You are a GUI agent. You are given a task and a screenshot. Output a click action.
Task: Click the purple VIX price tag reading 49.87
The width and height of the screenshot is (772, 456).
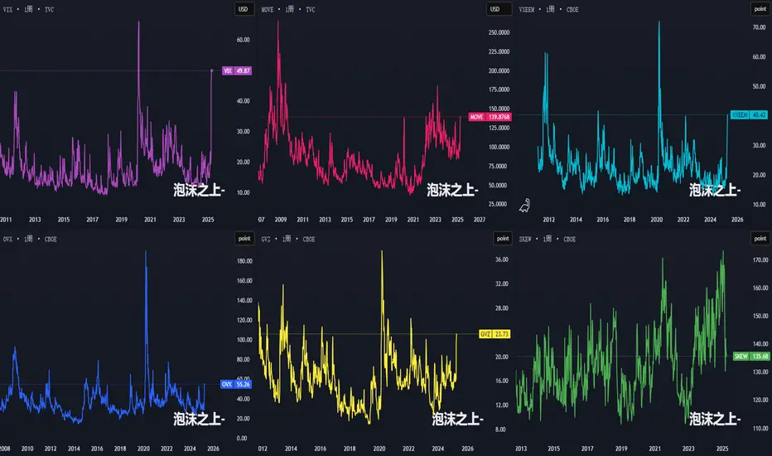point(236,71)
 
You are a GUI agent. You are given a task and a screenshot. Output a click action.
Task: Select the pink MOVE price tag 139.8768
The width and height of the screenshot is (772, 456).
point(490,117)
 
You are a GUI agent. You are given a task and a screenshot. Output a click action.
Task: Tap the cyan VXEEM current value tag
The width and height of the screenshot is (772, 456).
point(749,114)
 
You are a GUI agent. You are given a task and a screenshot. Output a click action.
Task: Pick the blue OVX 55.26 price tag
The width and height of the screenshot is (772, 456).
point(236,385)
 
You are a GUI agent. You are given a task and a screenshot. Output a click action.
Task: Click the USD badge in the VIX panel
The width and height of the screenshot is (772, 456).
point(243,9)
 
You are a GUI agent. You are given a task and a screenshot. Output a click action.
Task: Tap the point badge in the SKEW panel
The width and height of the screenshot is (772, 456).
point(760,239)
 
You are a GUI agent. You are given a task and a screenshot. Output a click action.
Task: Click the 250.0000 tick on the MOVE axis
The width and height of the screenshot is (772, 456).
point(499,32)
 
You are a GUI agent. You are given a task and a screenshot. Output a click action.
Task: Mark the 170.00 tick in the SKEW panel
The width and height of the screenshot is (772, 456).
point(760,260)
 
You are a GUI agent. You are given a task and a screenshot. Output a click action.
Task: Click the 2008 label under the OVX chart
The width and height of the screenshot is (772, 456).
point(5,449)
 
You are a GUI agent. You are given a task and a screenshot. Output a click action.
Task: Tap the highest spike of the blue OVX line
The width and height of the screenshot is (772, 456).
point(146,252)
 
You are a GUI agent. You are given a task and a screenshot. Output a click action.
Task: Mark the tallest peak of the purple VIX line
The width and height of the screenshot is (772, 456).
point(138,22)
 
